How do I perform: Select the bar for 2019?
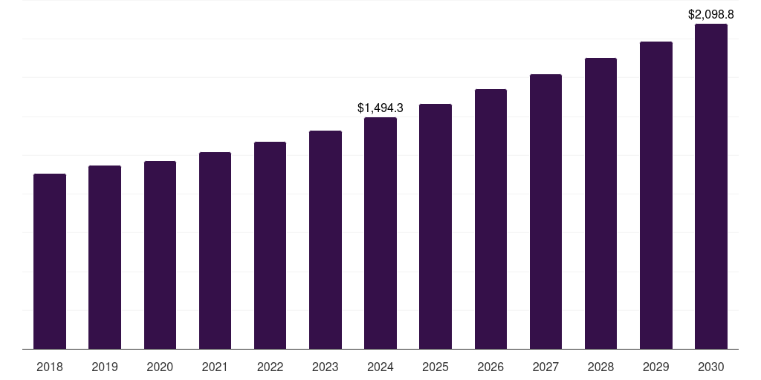click(x=105, y=257)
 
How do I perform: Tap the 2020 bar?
click(x=160, y=255)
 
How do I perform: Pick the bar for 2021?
click(x=215, y=250)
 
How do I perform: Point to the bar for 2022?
click(x=270, y=245)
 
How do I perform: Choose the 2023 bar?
click(x=326, y=240)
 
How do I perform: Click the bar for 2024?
click(x=380, y=233)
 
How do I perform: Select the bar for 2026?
click(x=490, y=219)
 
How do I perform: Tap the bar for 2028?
click(x=600, y=203)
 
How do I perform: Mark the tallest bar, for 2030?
click(x=711, y=186)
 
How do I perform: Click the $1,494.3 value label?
click(x=380, y=108)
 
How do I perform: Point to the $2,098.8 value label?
click(x=711, y=14)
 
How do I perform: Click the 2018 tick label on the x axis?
click(x=50, y=367)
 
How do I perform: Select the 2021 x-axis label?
click(x=215, y=367)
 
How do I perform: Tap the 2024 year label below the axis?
click(x=380, y=367)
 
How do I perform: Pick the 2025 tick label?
click(x=435, y=367)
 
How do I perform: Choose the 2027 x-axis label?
click(x=545, y=367)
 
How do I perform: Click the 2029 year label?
click(x=656, y=367)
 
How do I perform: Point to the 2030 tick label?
click(x=711, y=367)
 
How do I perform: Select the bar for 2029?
click(x=656, y=195)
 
